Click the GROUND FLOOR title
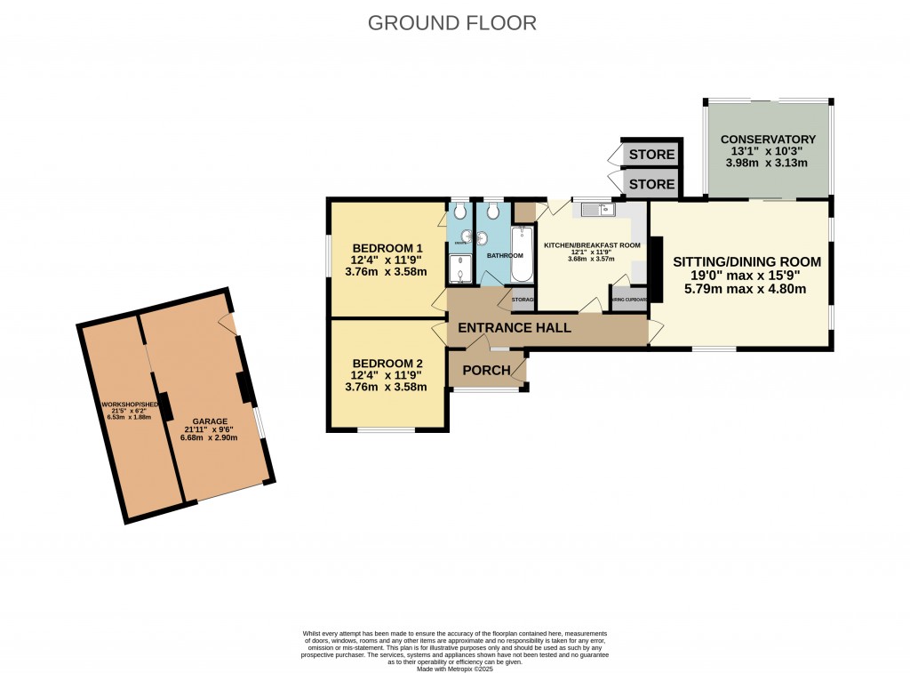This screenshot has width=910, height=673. click(x=452, y=22)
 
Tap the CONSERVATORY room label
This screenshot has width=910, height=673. click(x=768, y=140)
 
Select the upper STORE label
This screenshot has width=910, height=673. click(x=651, y=156)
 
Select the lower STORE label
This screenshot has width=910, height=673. click(x=651, y=184)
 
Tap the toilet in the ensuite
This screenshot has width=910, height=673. click(x=459, y=212)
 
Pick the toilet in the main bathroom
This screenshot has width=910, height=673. click(x=493, y=212)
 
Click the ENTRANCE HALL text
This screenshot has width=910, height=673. click(x=514, y=328)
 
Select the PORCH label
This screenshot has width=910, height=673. click(x=485, y=370)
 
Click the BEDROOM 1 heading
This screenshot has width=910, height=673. click(x=387, y=248)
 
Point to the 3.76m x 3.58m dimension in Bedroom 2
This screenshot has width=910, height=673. click(x=387, y=387)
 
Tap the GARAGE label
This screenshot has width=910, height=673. click(x=210, y=421)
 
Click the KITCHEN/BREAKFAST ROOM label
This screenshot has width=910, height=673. click(x=592, y=244)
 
